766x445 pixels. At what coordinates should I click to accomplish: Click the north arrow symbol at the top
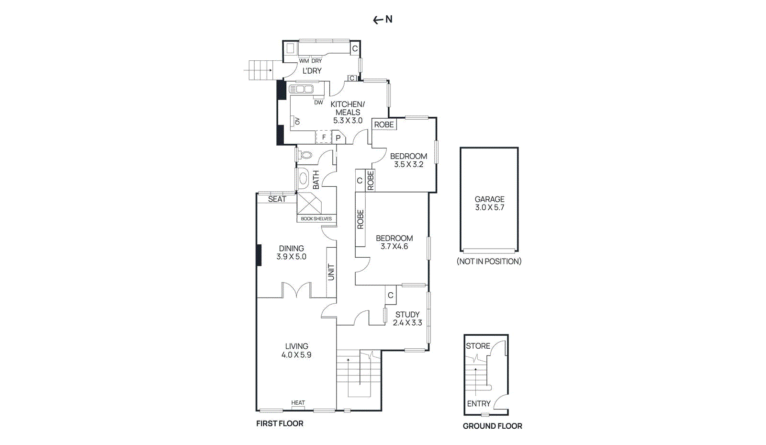383,20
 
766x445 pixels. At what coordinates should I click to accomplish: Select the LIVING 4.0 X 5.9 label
296,351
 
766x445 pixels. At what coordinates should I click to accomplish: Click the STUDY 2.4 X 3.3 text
407,319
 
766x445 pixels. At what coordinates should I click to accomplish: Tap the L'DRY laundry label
312,71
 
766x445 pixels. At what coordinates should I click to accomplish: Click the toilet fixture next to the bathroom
305,155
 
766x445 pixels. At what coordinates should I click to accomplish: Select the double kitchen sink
301,89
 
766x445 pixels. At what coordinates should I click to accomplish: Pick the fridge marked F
324,137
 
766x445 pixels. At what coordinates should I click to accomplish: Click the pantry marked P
338,137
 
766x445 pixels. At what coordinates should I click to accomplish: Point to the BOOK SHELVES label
316,218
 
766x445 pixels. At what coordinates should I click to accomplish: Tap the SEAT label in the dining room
277,199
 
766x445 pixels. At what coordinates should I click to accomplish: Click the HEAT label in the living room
298,403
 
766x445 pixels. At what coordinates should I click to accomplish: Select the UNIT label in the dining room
331,272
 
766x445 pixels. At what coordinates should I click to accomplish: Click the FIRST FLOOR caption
280,423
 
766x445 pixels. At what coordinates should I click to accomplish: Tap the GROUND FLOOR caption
493,426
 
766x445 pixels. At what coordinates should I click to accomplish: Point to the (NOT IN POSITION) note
489,262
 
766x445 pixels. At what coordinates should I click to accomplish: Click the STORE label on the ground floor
478,346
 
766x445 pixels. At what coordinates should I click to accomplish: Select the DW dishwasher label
318,103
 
